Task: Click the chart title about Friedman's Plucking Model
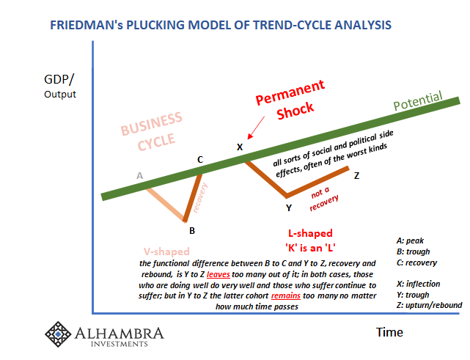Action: coord(220,25)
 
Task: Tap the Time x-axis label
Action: coord(389,332)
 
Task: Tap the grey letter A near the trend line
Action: coord(139,175)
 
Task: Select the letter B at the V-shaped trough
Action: coord(191,230)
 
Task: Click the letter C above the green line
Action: coord(199,158)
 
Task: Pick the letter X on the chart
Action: coord(239,147)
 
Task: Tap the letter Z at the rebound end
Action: coord(356,176)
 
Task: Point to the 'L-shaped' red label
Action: coord(290,232)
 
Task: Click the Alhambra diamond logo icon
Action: coord(59,334)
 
